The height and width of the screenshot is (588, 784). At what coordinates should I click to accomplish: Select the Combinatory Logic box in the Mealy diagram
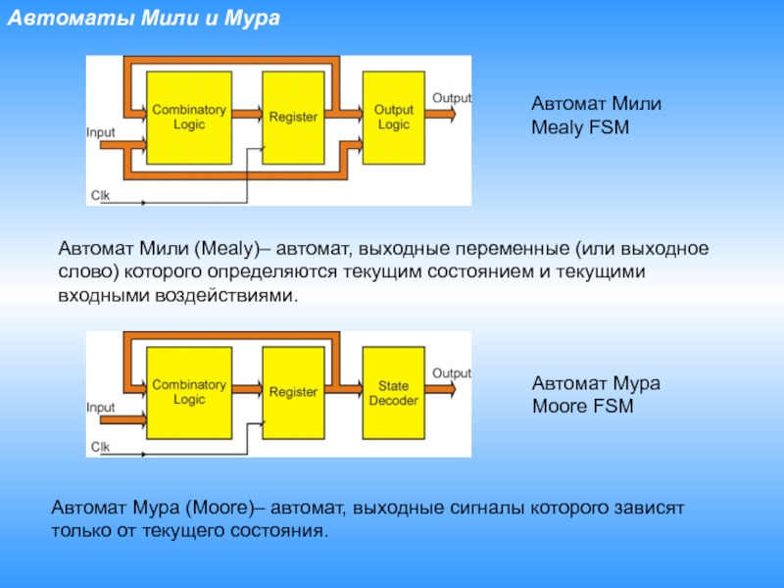188,118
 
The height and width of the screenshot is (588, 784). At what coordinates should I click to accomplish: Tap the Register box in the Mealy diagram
293,118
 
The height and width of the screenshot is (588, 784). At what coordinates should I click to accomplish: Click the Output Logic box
393,118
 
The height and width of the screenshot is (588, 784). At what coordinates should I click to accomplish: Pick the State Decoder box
393,393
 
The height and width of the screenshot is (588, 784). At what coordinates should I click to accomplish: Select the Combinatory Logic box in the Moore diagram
188,393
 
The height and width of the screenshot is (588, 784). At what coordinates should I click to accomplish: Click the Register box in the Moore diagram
293,393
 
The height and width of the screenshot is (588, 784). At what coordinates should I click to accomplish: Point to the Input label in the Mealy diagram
101,131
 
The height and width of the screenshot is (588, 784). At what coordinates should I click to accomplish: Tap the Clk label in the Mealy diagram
100,195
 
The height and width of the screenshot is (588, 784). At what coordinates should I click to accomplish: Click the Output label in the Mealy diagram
452,98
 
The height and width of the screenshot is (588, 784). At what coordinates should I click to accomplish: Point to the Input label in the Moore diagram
101,407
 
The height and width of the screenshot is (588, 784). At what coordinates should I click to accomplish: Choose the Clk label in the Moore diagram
100,447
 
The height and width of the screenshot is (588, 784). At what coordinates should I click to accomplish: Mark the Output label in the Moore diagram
452,373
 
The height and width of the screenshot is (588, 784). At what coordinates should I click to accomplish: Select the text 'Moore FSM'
582,404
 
